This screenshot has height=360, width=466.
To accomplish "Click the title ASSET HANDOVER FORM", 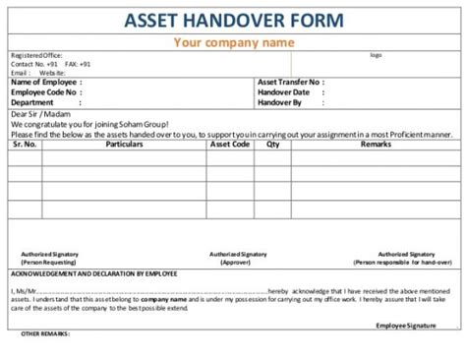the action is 234,19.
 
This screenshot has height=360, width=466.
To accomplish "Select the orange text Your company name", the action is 234,42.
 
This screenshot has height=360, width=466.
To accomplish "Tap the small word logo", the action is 375,55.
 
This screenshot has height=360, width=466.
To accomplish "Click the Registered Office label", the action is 36,56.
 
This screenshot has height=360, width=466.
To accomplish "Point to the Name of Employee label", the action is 46,83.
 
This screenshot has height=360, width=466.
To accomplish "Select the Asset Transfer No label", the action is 289,83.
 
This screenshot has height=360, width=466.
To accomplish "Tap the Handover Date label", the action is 284,91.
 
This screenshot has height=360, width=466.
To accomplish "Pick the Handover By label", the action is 280,101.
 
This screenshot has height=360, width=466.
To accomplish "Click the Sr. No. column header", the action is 25,145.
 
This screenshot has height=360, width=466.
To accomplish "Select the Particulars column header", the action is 124,145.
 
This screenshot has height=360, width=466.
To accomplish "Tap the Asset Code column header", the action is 229,145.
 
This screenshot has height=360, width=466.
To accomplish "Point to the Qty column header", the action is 273,145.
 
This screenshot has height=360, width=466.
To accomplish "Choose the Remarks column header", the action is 376,145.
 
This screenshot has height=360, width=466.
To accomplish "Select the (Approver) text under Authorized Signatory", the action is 234,263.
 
